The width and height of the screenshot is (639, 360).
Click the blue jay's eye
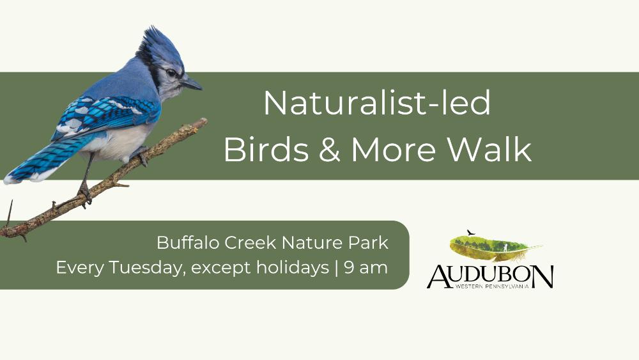(x=171, y=73)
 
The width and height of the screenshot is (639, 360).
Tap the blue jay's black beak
(x=192, y=84)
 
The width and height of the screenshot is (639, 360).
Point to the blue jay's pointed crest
(x=160, y=44)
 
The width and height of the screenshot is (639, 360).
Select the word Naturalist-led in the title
(x=378, y=103)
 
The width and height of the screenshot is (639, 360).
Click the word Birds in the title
(x=266, y=149)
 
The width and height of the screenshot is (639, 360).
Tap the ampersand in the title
(x=330, y=150)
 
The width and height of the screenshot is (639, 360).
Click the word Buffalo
(x=189, y=242)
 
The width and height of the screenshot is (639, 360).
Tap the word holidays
(x=293, y=268)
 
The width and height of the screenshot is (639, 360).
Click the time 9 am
(x=366, y=269)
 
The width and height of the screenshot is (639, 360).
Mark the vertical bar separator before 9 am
(x=337, y=268)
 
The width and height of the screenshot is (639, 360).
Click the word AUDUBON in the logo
(x=490, y=276)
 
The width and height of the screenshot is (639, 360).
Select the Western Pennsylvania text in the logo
(x=492, y=286)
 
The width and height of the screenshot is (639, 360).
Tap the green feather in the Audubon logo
(x=495, y=247)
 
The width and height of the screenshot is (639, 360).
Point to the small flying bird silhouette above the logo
(x=471, y=232)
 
